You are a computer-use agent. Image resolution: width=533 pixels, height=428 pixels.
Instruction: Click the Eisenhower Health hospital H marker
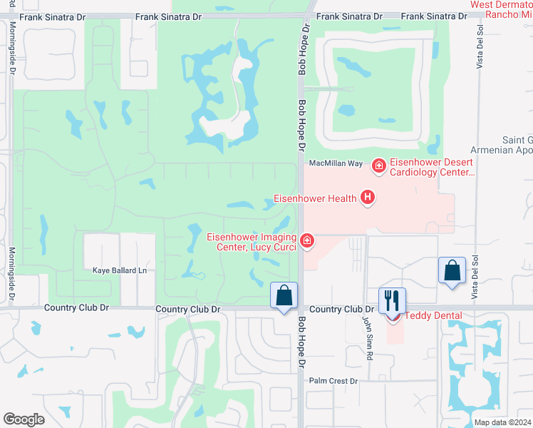(x=368, y=198)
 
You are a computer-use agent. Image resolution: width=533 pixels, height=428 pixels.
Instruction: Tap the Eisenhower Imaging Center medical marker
(x=307, y=242)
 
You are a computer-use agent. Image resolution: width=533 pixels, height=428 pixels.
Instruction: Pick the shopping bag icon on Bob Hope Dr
(x=284, y=295)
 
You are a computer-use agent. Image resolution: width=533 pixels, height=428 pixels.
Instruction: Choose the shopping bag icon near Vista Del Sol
(x=452, y=270)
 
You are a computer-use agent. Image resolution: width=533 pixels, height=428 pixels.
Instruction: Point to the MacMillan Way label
(x=336, y=163)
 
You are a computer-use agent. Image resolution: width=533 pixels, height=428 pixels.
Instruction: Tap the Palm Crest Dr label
(x=333, y=380)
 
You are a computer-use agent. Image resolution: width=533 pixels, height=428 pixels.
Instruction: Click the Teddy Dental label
(x=433, y=315)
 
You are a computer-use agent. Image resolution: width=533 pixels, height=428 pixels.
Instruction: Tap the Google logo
(x=24, y=419)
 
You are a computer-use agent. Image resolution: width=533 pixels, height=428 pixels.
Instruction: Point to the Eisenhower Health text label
(x=316, y=198)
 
